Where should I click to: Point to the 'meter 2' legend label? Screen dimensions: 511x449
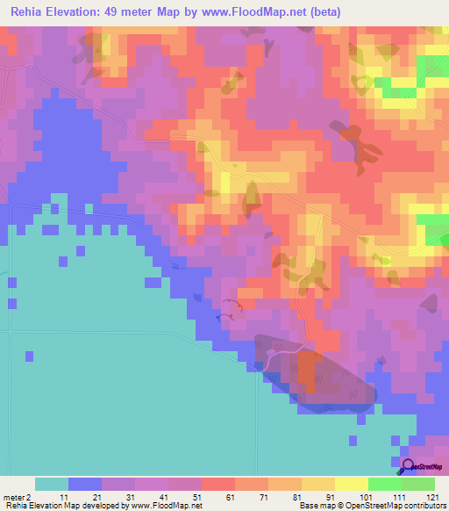tap(18, 497)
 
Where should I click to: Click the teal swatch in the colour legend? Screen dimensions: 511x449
tap(52, 484)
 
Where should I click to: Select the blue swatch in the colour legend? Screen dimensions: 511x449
tap(85, 484)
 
